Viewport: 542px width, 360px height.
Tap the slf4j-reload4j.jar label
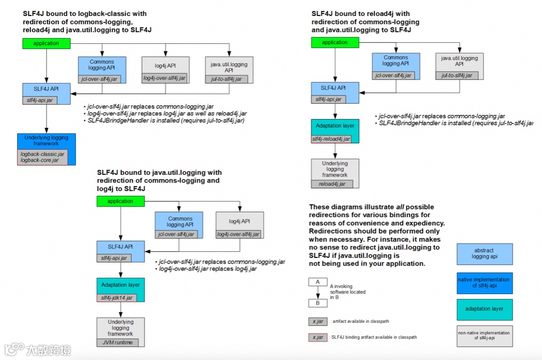[x=334, y=139]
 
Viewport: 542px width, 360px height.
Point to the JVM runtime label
[x=117, y=342]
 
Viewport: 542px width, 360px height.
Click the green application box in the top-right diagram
[x=334, y=43]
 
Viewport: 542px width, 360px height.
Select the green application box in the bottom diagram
[x=120, y=201]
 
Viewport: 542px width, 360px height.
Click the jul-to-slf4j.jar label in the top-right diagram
[x=456, y=75]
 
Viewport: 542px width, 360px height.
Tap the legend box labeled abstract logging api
[x=484, y=254]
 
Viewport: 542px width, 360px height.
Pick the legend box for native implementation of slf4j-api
[x=484, y=283]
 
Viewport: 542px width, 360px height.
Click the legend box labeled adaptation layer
[x=484, y=309]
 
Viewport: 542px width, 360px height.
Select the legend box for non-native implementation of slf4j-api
[x=484, y=336]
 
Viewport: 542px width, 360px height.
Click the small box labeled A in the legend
[x=317, y=282]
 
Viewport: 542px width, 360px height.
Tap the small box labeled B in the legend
[x=317, y=303]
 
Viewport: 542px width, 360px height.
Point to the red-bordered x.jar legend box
[x=317, y=337]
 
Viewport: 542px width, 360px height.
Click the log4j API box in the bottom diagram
[x=239, y=221]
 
